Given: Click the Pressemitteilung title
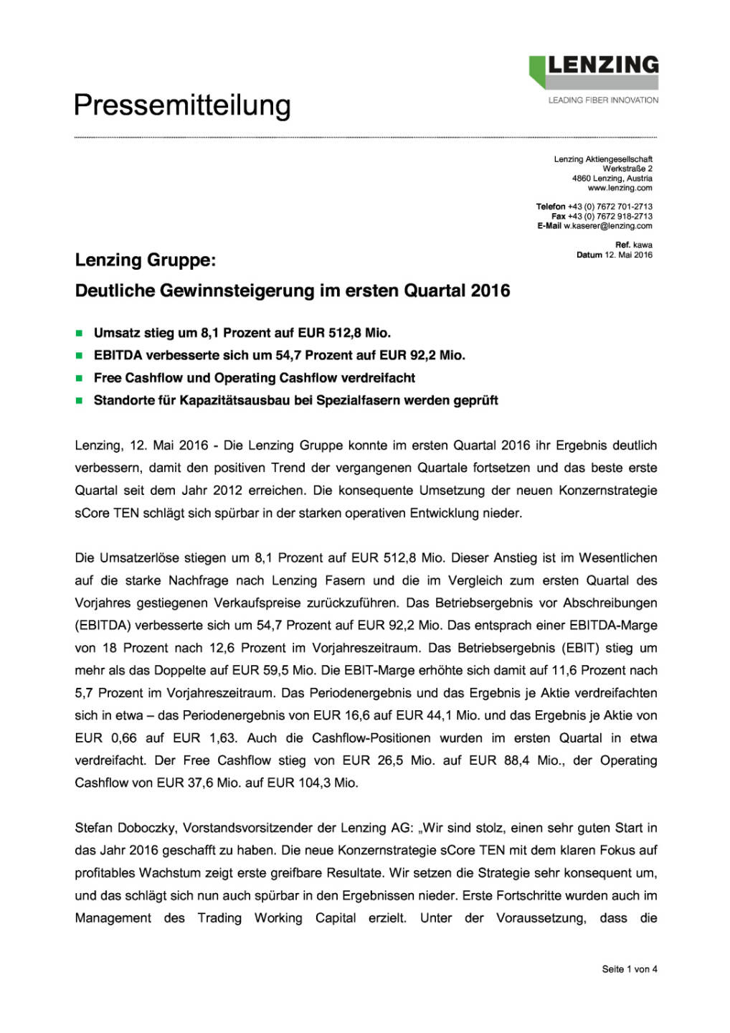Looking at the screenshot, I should click(182, 105).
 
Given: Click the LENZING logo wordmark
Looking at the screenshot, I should click(602, 65).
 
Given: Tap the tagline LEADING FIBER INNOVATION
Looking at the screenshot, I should click(603, 100).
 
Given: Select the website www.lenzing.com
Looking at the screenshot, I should click(620, 188).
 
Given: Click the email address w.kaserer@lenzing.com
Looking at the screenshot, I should click(607, 226).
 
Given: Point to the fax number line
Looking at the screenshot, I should click(602, 216).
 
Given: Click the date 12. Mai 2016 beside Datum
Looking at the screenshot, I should click(628, 255).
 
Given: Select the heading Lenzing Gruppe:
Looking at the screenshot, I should click(145, 260).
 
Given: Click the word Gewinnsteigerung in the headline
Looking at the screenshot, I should click(237, 291).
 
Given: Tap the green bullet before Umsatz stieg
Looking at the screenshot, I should click(80, 333).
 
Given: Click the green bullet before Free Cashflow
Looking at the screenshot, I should click(80, 378).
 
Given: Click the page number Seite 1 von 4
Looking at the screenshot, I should click(629, 969).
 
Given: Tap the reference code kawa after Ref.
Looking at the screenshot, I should click(643, 245).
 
